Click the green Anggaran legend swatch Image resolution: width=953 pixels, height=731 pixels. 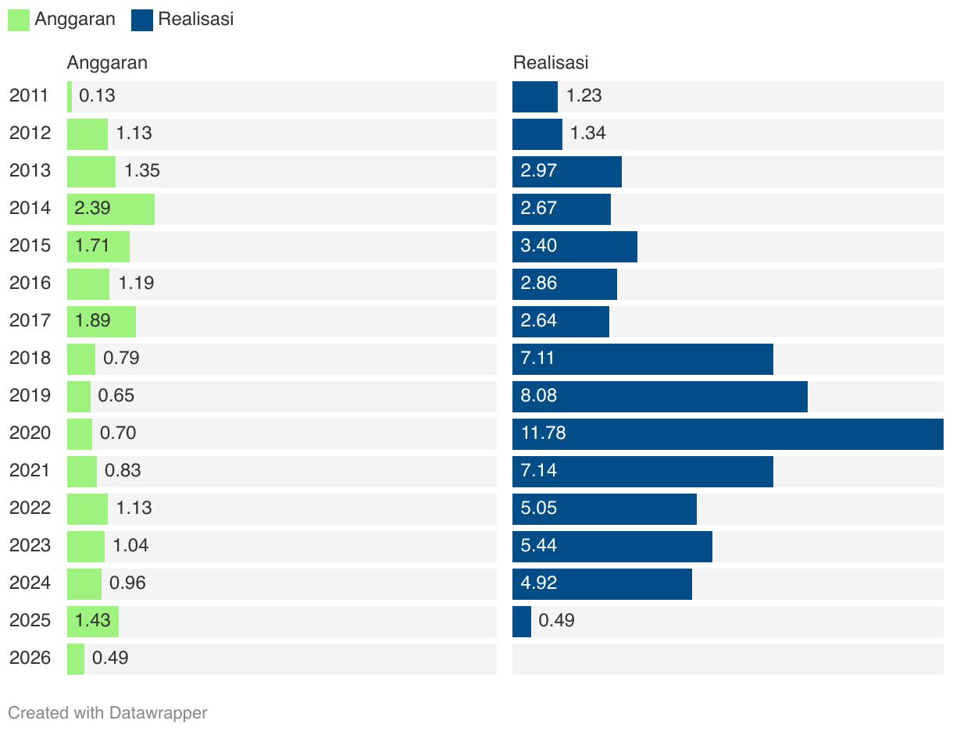(19, 20)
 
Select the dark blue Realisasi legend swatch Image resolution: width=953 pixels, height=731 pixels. (142, 20)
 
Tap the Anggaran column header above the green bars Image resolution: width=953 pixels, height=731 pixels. (107, 62)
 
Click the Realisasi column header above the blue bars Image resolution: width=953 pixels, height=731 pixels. (551, 62)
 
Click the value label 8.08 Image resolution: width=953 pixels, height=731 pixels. (539, 395)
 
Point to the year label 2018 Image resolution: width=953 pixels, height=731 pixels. (30, 358)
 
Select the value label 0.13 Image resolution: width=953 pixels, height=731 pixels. (97, 96)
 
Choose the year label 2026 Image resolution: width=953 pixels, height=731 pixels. (30, 658)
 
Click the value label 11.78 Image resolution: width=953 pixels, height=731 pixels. (544, 433)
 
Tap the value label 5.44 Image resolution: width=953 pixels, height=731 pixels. (539, 545)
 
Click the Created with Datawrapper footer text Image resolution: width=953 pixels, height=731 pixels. (108, 712)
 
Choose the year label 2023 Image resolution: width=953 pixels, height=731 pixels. (30, 545)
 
